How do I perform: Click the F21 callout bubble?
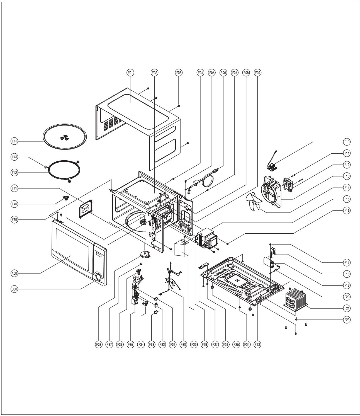coord(347,308)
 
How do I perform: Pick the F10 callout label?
coord(347,142)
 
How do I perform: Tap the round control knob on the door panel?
coord(98,277)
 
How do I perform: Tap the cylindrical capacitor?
coord(268,262)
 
